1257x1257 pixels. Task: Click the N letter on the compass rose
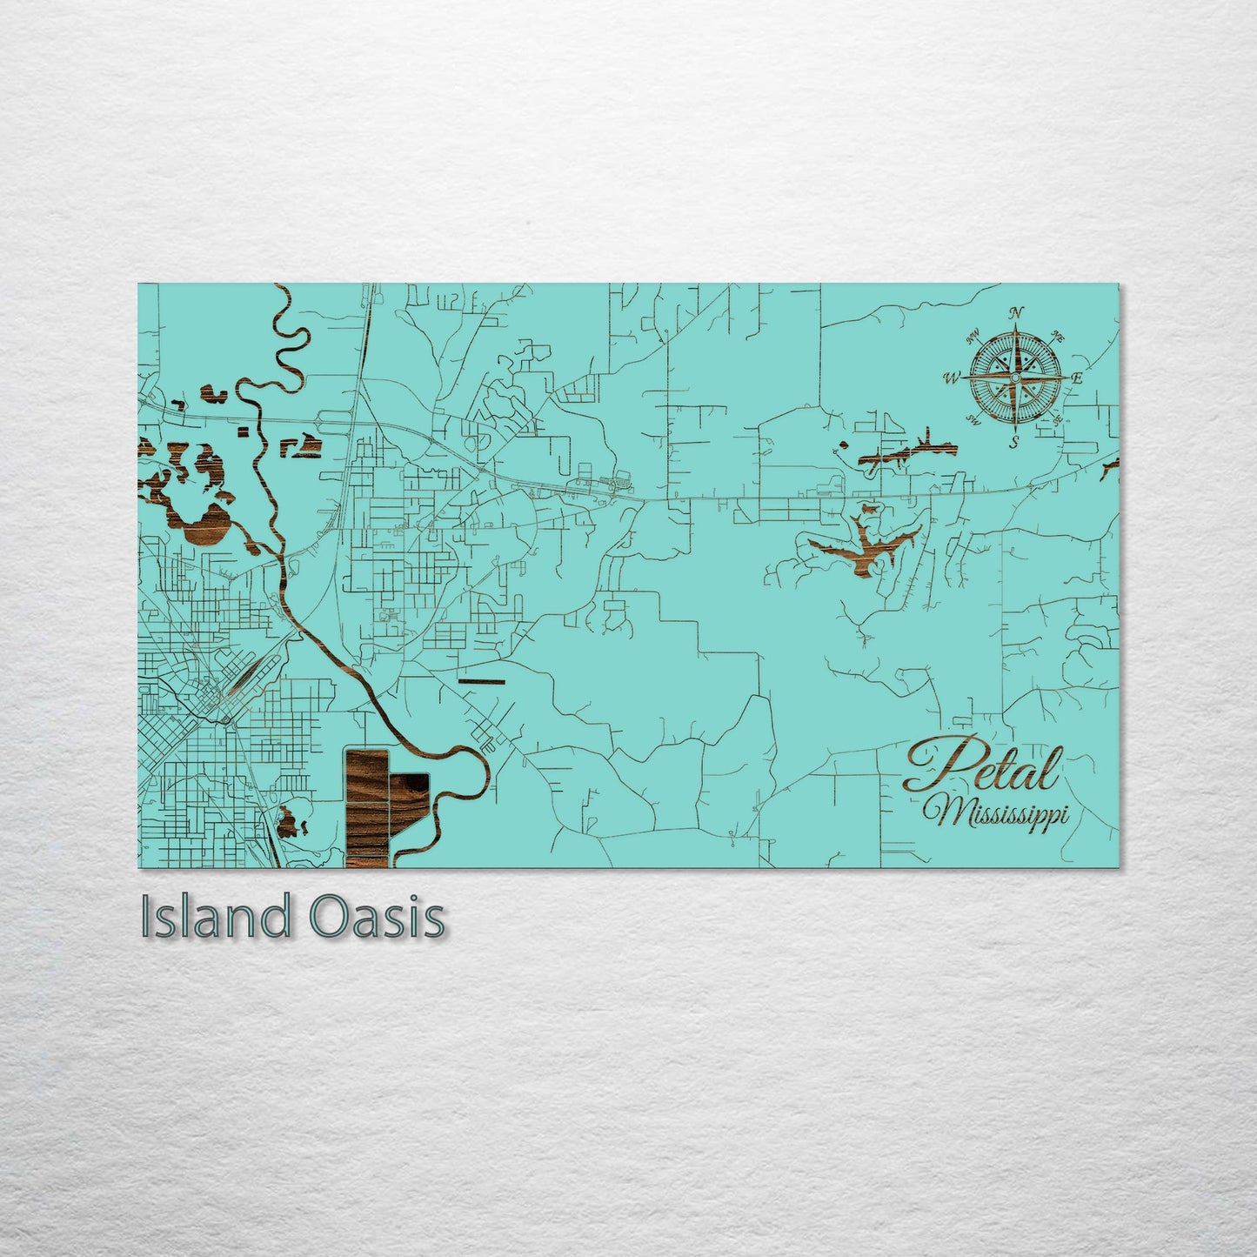click(1017, 314)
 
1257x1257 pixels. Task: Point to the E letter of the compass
click(1076, 378)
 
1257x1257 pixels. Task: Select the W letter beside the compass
click(952, 379)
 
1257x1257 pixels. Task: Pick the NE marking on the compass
click(1058, 336)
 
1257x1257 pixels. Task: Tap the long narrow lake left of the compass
click(905, 453)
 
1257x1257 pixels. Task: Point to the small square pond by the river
click(243, 430)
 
